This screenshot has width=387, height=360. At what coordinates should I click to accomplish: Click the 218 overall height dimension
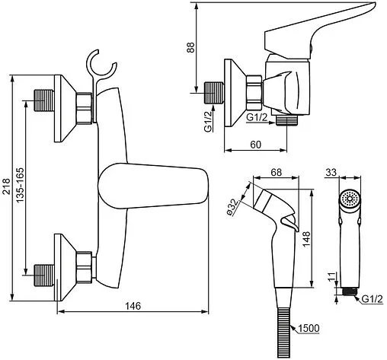tap(6, 186)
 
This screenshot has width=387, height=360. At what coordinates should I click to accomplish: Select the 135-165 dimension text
tap(20, 185)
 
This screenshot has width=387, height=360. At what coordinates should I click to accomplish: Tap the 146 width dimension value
tap(133, 306)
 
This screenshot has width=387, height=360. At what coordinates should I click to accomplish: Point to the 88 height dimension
tap(190, 47)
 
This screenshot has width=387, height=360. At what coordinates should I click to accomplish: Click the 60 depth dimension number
tap(255, 145)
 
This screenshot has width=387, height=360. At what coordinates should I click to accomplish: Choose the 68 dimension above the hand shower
tap(276, 173)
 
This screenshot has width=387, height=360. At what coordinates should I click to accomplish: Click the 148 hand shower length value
tap(306, 239)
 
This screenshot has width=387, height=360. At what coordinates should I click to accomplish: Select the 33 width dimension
tap(331, 173)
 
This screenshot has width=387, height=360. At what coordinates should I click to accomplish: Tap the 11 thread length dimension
tap(331, 277)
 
